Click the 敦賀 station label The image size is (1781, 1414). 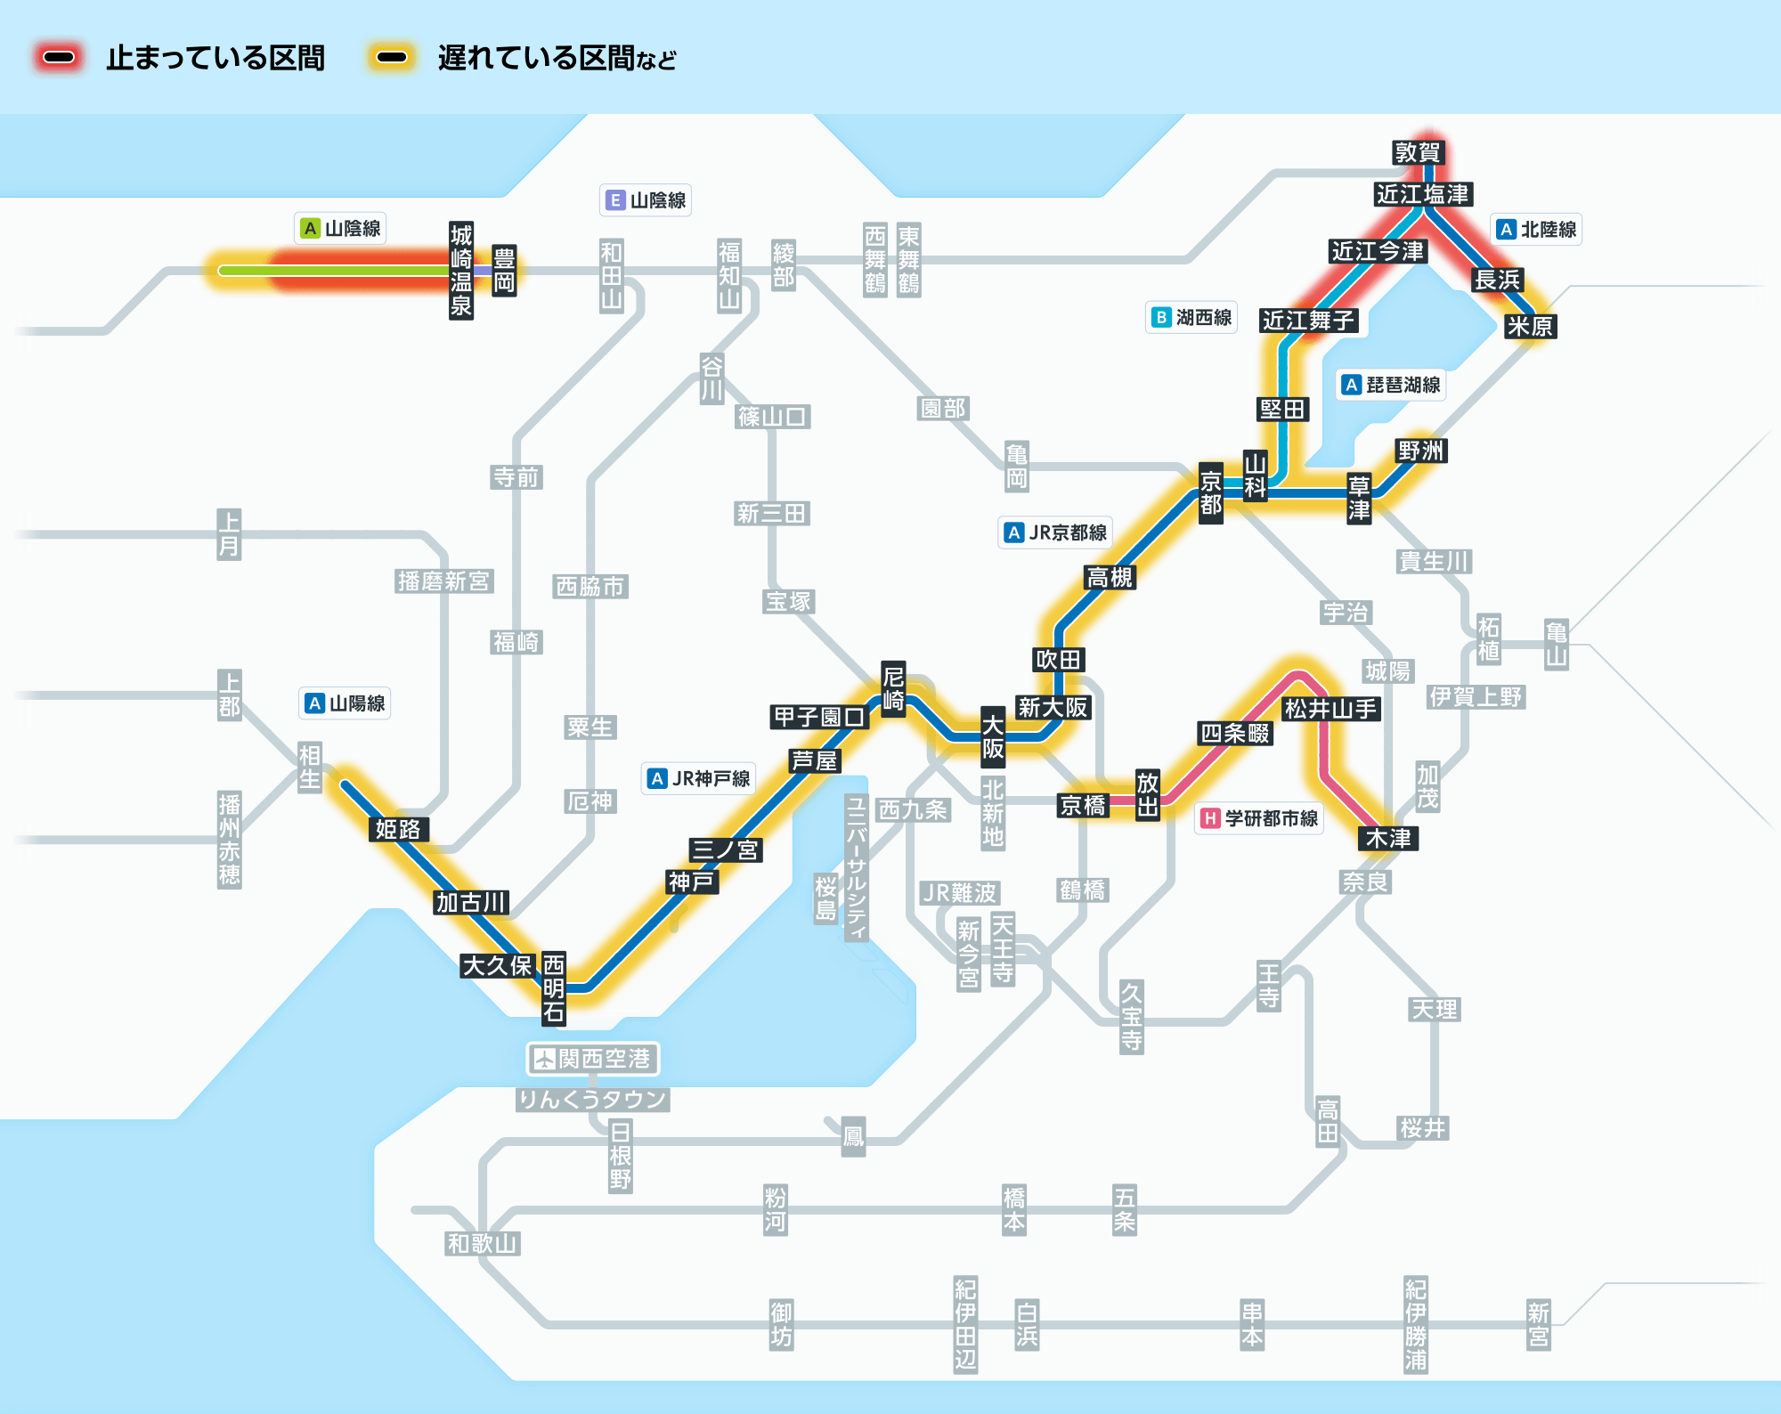pos(1417,152)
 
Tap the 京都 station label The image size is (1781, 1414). pos(1211,493)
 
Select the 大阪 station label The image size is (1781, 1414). pos(993,737)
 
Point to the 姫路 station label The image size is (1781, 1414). pos(398,829)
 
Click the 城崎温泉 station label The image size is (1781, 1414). pos(461,271)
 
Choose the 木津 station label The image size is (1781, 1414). pos(1388,838)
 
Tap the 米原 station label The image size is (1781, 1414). pos(1530,327)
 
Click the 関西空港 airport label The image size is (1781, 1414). pos(593,1059)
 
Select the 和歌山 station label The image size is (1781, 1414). pos(483,1243)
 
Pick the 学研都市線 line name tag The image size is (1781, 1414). pos(1259,818)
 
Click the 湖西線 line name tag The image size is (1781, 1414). pos(1191,317)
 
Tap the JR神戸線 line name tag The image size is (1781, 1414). pos(699,778)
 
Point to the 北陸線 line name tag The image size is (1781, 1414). pos(1536,230)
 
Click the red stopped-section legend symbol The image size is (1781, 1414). pos(59,58)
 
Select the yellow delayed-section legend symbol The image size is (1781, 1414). pos(392,58)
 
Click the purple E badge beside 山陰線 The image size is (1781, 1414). pos(615,200)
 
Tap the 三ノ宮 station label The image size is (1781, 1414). pos(726,849)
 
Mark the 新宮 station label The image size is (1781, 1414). pos(1539,1324)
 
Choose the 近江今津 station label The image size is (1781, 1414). pos(1378,251)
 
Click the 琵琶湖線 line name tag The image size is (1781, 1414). pos(1391,385)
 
